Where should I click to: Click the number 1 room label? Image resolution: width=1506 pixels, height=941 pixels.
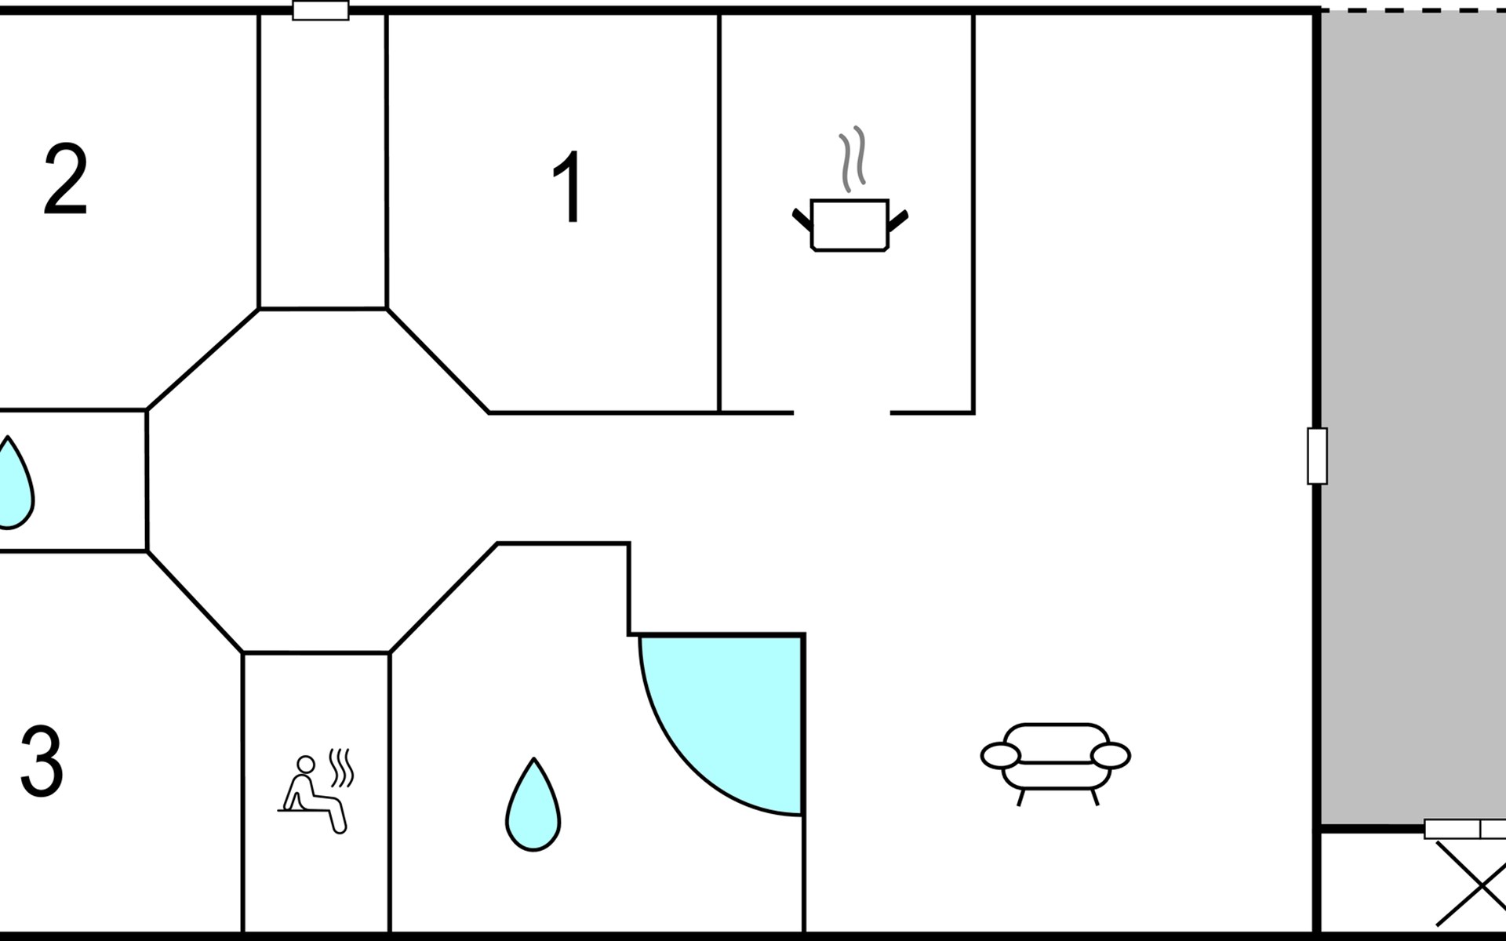568,187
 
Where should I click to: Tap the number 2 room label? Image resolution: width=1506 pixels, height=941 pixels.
65,180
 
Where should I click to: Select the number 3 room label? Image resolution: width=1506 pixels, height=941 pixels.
42,761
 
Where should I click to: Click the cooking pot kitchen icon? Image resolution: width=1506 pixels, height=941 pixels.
849,224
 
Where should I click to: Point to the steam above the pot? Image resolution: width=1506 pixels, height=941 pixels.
853,158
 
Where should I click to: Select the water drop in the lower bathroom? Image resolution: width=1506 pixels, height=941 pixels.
533,806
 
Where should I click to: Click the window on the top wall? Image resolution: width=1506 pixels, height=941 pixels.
320,11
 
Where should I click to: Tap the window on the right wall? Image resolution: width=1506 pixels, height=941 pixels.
1317,456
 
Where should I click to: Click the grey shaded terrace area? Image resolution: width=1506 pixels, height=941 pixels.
1412,416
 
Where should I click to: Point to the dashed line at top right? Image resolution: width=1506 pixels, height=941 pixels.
1412,10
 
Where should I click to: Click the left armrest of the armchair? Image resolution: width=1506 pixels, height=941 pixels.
1000,755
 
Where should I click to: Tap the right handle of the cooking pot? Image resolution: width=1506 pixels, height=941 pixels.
897,221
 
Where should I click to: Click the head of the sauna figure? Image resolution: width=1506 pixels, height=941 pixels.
306,764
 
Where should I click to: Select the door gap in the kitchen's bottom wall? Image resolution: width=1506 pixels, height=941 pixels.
842,412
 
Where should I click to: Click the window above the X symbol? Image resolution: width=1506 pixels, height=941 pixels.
1464,829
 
